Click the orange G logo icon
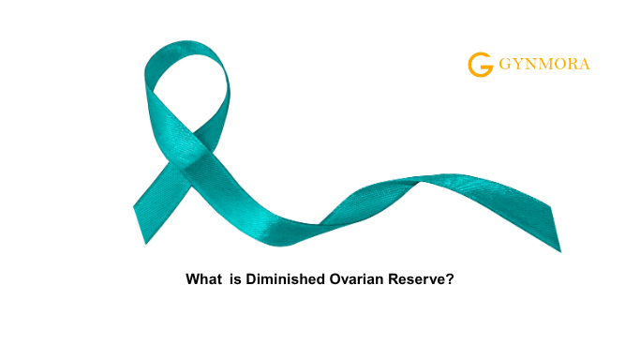pos(480,65)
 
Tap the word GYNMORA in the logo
pos(543,66)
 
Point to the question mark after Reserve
pos(450,280)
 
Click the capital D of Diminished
pos(250,280)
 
